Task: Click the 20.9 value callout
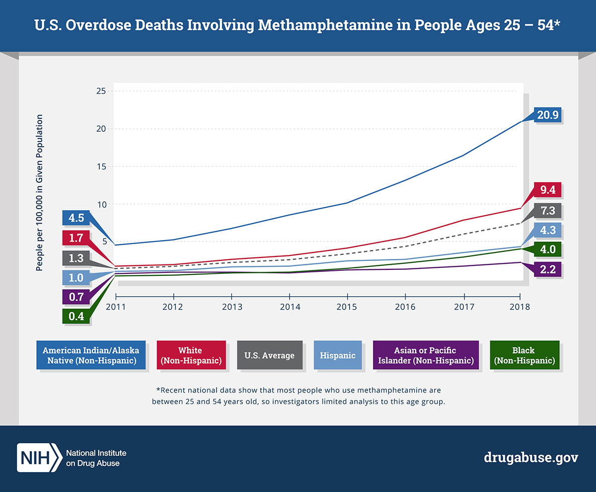coord(547,115)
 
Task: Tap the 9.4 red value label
coord(547,190)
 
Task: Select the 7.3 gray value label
coord(547,211)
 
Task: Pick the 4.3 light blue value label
coord(547,231)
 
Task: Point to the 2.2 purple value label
coord(547,270)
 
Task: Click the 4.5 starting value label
coord(76,218)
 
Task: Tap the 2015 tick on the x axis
coord(347,306)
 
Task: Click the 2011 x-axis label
coord(116,307)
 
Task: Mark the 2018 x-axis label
coord(520,307)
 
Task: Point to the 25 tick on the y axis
coord(101,91)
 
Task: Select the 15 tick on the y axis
coord(101,166)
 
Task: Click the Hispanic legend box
coord(338,355)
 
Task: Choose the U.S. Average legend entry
coord(269,355)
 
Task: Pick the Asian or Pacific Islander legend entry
coord(426,355)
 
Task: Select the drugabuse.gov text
coord(531,458)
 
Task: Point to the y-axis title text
coord(39,193)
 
